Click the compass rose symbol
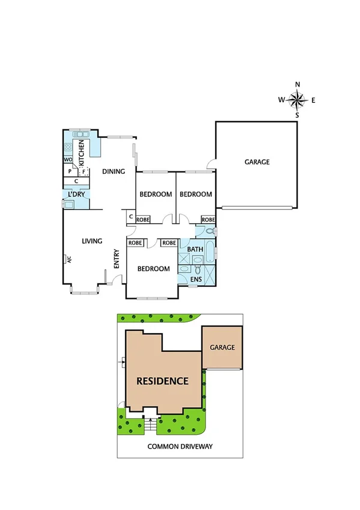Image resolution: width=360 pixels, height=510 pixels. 297,99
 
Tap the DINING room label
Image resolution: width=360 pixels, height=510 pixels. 114,171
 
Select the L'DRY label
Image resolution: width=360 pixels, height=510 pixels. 76,194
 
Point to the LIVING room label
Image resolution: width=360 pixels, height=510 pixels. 92,241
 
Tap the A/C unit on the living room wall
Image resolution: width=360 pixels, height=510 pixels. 68,259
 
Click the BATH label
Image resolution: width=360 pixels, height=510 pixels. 195,249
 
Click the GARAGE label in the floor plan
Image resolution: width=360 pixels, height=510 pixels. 257,162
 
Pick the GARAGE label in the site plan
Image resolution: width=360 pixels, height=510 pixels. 222,347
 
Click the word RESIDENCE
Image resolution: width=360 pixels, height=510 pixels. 162,381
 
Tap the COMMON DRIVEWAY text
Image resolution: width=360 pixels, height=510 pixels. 180,447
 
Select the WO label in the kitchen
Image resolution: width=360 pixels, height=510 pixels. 68,159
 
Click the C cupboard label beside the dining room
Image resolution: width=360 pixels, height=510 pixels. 130,217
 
